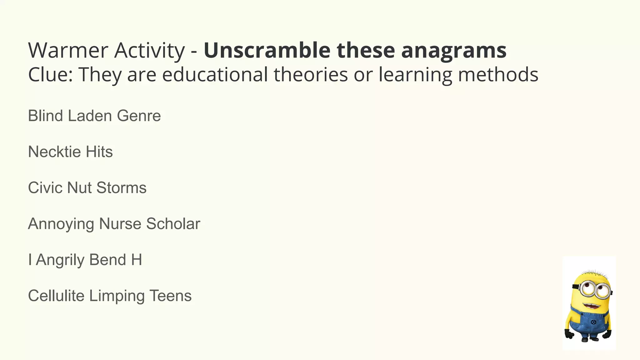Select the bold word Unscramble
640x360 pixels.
pos(267,50)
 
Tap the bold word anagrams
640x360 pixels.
pos(453,51)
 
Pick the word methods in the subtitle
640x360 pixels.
pos(498,75)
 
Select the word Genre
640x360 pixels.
pos(139,116)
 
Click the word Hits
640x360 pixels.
pos(99,152)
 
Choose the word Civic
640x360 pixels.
pos(45,188)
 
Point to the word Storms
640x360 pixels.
pos(121,188)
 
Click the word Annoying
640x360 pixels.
pos(61,224)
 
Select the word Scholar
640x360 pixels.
pos(173,224)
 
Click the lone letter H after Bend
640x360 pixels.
pos(137,260)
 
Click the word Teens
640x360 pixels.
pos(170,296)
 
